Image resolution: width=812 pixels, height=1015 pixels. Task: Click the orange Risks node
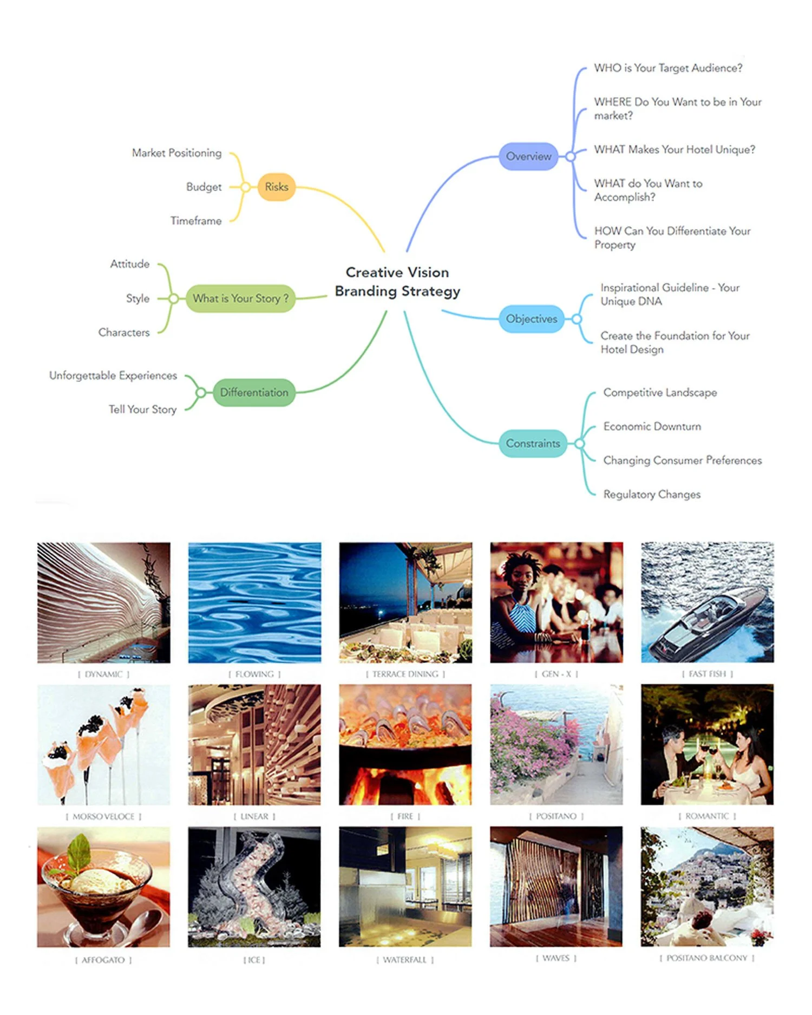[x=276, y=187]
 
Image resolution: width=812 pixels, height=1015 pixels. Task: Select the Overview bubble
[x=528, y=156]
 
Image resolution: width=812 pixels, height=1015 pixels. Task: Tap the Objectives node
[x=531, y=319]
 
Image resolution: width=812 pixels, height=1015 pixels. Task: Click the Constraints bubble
[x=533, y=443]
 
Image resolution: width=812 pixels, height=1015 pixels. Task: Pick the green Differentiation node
[x=254, y=392]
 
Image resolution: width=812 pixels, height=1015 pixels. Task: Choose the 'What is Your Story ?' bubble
[x=240, y=298]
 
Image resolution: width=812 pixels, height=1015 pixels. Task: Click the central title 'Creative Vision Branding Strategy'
[x=397, y=281]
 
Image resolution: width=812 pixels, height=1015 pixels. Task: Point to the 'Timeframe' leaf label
[x=196, y=221]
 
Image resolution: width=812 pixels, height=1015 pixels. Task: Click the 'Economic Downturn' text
[x=652, y=427]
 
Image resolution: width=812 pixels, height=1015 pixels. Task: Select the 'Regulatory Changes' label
[x=652, y=494]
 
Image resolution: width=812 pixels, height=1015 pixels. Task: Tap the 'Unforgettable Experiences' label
[x=113, y=376]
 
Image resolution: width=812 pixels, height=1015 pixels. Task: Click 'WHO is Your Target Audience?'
[x=668, y=68]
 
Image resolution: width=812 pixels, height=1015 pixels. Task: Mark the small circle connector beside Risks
[x=245, y=187]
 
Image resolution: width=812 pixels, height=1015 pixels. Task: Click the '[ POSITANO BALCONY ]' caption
[x=706, y=958]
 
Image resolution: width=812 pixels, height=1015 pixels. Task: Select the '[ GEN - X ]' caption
[x=556, y=674]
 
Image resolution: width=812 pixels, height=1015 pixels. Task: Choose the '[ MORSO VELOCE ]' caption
[x=103, y=816]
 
